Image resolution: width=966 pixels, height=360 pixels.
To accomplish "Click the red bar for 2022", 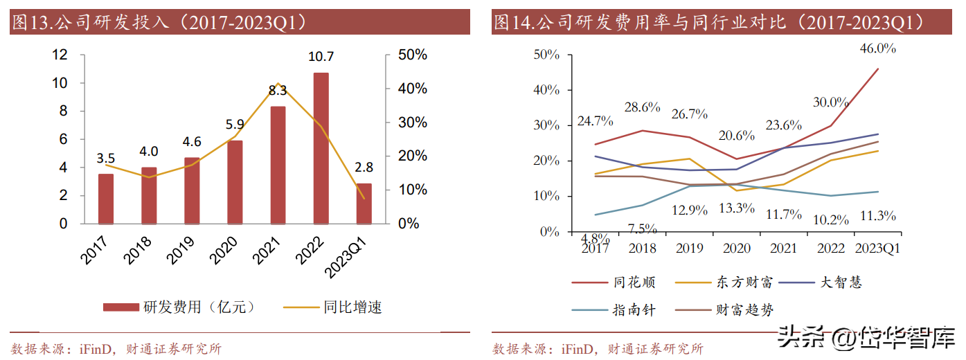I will point(321,148).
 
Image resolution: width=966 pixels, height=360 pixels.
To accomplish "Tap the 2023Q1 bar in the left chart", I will point(364,204).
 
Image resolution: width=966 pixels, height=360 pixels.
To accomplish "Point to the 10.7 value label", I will point(321,57).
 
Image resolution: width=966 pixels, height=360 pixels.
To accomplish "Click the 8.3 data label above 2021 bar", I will point(278,90).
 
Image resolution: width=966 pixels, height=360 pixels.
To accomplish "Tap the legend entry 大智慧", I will point(841,282).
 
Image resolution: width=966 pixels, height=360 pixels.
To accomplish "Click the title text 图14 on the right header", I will point(512,23).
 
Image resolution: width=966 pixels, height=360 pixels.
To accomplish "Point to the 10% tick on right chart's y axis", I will point(547,197).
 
